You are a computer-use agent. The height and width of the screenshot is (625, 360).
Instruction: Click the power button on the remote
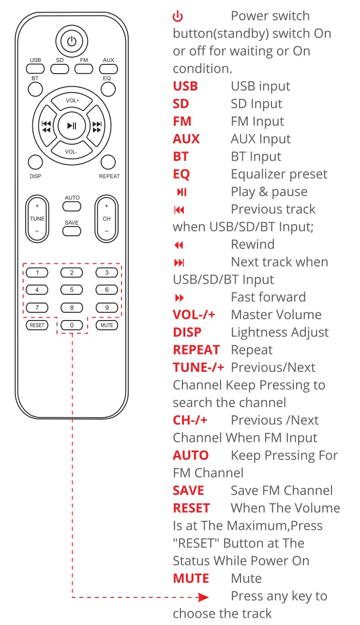[72, 41]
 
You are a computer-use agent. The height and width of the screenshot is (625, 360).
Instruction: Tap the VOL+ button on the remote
[72, 101]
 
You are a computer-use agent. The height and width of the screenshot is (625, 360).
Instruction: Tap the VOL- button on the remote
[71, 151]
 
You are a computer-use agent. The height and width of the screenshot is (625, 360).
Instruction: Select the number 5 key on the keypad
[72, 290]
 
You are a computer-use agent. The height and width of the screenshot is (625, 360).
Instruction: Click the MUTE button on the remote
[107, 325]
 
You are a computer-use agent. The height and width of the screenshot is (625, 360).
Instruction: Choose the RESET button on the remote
[37, 325]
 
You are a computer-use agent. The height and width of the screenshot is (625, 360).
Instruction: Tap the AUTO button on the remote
[72, 206]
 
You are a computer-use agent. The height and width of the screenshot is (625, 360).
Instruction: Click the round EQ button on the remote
[108, 89]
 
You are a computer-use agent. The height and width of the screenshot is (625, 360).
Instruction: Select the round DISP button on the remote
[35, 162]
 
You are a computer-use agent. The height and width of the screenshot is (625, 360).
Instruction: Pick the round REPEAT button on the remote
[108, 162]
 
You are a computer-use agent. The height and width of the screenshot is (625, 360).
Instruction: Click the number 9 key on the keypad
[107, 307]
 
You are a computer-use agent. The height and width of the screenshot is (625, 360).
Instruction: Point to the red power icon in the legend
[178, 16]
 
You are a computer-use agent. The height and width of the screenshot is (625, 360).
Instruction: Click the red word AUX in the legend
[186, 139]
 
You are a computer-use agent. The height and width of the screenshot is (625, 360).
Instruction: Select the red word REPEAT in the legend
[196, 350]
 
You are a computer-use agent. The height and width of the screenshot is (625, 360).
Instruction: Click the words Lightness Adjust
[280, 333]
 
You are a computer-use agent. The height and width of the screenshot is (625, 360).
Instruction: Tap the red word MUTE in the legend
[191, 579]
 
